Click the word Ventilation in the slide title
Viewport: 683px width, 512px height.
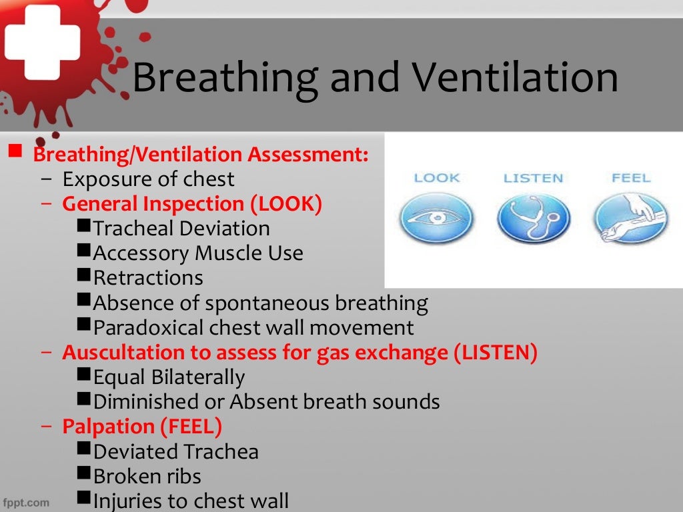pyautogui.click(x=513, y=77)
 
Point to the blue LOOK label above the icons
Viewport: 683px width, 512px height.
pyautogui.click(x=437, y=178)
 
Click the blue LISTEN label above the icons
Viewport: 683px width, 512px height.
pyautogui.click(x=533, y=178)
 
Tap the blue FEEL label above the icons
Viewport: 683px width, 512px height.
pyautogui.click(x=630, y=178)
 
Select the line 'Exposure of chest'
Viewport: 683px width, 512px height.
pyautogui.click(x=148, y=179)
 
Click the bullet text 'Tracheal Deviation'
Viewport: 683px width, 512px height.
pyautogui.click(x=181, y=229)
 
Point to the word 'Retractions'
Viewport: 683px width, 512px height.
pyautogui.click(x=148, y=278)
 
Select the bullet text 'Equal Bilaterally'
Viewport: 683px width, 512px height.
pyautogui.click(x=169, y=377)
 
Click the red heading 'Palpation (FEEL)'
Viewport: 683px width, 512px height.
pyautogui.click(x=142, y=426)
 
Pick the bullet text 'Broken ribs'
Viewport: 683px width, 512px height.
pyautogui.click(x=147, y=476)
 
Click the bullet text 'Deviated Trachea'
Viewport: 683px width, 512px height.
pyautogui.click(x=176, y=451)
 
